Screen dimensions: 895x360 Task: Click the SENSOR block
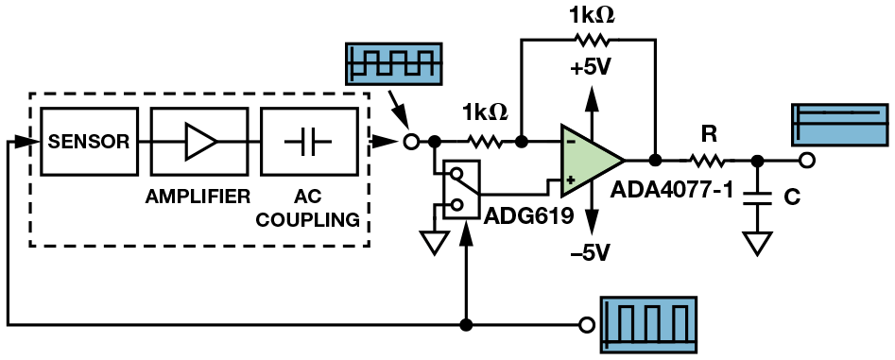[89, 142]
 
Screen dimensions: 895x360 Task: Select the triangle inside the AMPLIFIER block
[199, 142]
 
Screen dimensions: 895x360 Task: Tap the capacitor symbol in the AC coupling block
[308, 142]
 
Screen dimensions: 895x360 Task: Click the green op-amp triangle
[591, 161]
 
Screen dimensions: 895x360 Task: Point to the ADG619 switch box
[461, 189]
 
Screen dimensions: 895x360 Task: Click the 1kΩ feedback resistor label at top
[591, 15]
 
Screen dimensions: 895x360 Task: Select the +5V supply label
[590, 68]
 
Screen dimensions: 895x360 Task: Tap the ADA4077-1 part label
[671, 190]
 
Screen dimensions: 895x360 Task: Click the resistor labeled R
[709, 162]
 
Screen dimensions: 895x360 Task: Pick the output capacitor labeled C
[757, 198]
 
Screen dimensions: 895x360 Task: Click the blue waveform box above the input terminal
[394, 63]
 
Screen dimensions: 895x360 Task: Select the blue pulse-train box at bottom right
[646, 325]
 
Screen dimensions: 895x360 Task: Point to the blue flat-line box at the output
[839, 125]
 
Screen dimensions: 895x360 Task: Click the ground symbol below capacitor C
[757, 243]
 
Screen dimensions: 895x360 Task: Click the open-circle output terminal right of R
[806, 161]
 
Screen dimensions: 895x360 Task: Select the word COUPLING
[308, 219]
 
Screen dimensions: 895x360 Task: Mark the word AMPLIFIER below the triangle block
[198, 197]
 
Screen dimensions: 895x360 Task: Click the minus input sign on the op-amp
[571, 142]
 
